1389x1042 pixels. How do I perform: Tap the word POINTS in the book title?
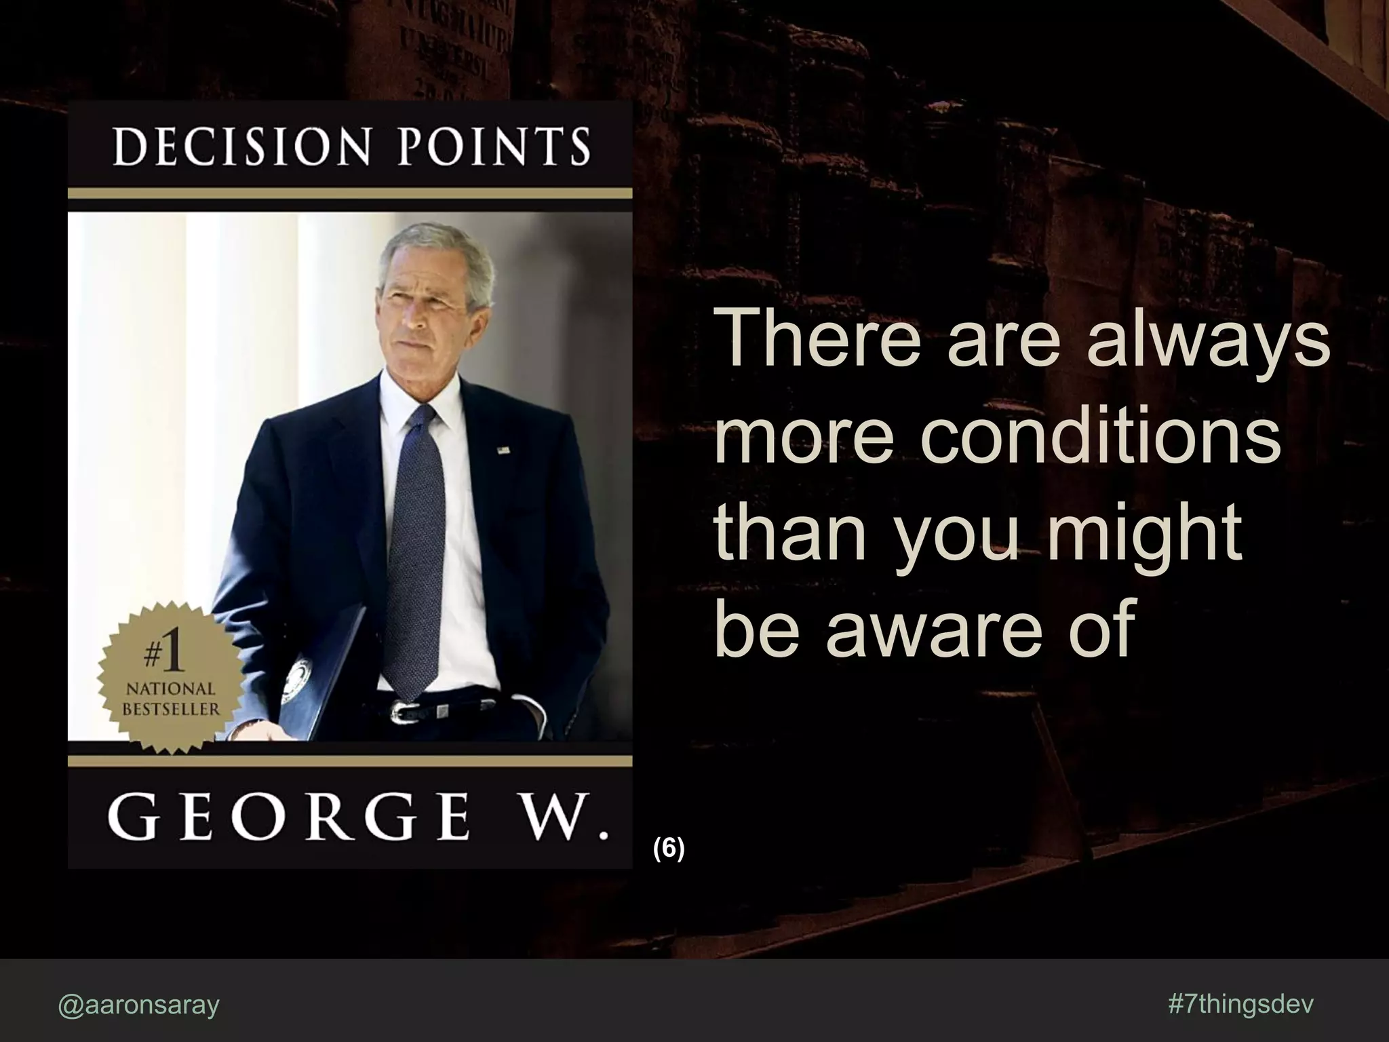[x=494, y=147]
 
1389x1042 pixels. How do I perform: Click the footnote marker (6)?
[x=669, y=849]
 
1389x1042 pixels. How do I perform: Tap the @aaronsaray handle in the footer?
[x=139, y=1005]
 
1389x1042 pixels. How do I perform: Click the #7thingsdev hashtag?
[x=1241, y=1005]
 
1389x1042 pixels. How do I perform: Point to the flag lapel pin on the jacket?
[x=503, y=449]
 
